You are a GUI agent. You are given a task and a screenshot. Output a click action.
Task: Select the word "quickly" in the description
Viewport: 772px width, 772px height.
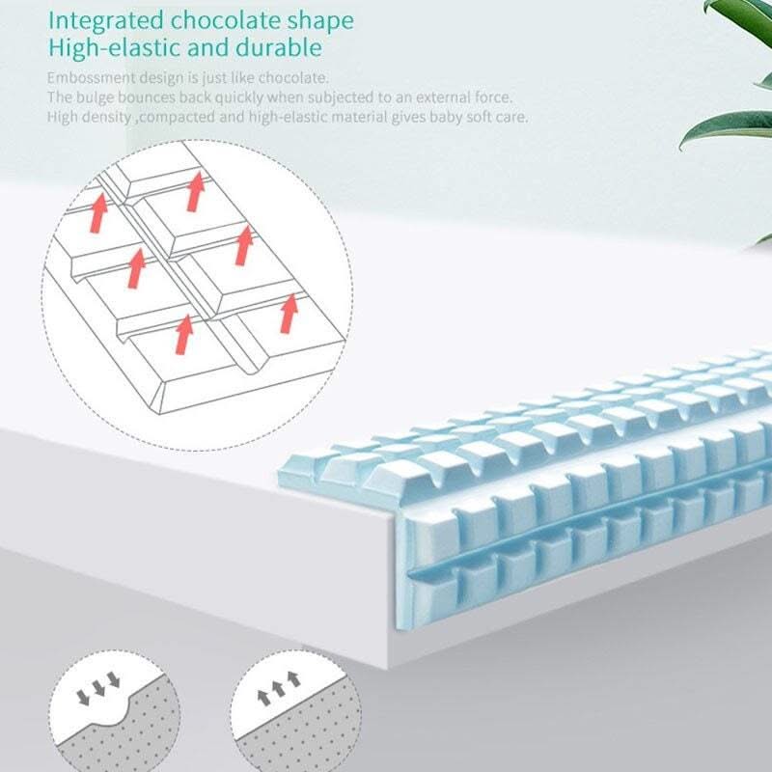coord(240,97)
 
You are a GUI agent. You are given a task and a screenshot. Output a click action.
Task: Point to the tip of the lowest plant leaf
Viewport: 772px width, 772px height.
coord(683,145)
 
